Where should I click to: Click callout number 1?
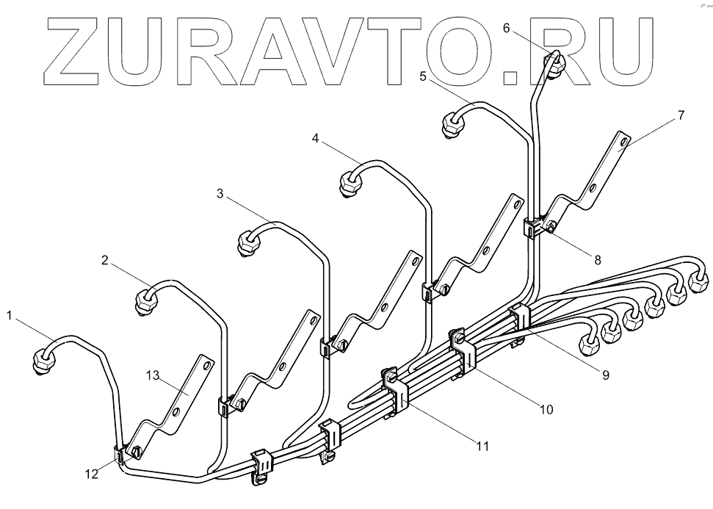pos(9,315)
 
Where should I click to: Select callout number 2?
pos(105,259)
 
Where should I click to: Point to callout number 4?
pos(315,138)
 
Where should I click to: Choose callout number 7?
pos(681,115)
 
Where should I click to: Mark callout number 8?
pos(598,259)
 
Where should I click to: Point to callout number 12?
pos(91,474)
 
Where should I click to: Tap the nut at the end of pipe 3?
pos(249,243)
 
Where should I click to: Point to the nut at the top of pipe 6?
pos(556,63)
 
